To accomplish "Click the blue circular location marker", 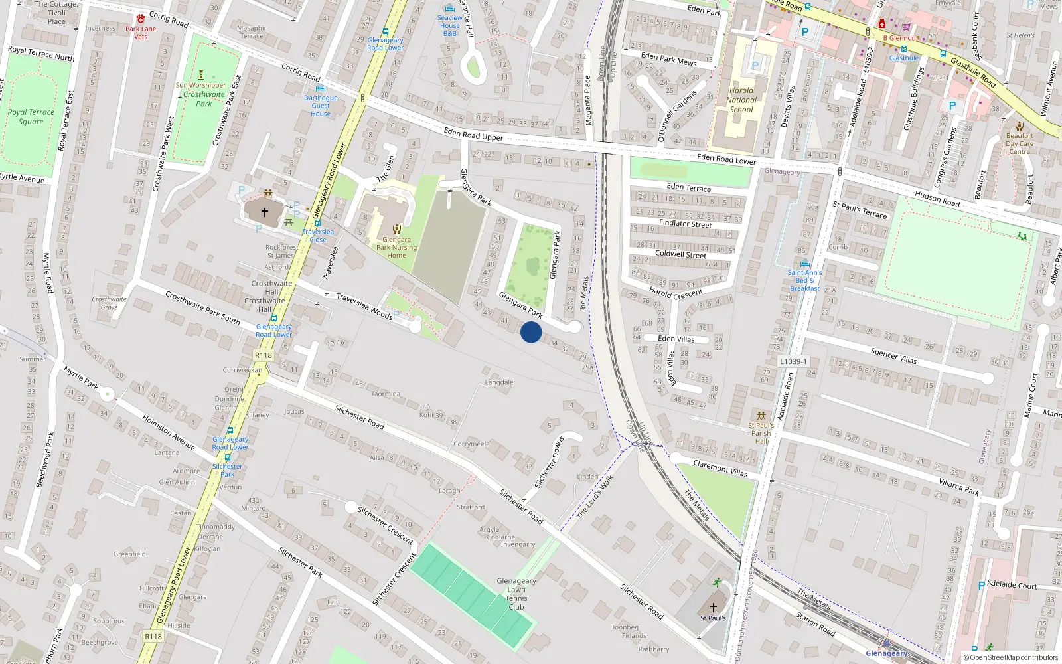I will click(x=531, y=332).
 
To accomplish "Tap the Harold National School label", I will click(x=741, y=100).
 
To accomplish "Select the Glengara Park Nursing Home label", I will click(x=396, y=247).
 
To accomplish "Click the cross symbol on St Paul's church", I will click(x=714, y=607).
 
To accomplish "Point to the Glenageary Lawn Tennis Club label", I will click(x=516, y=594).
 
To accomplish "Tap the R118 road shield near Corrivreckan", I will click(x=264, y=355).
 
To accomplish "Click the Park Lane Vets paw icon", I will click(x=141, y=19).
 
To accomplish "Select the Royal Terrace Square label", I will click(x=31, y=117).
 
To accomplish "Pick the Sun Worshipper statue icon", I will click(x=201, y=75).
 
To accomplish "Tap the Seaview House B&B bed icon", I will click(x=450, y=9).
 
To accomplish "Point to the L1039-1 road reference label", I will click(x=793, y=362).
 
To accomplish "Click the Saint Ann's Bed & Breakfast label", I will click(x=804, y=280).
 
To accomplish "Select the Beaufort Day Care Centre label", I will click(x=1020, y=143).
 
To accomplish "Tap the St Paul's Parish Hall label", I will click(x=761, y=433).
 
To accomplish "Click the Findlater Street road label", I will click(x=685, y=224).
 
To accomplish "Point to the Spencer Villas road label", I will click(x=893, y=357).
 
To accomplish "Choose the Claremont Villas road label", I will click(x=720, y=469).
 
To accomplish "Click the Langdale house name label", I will click(x=499, y=382).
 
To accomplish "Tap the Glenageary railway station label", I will click(x=887, y=653).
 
